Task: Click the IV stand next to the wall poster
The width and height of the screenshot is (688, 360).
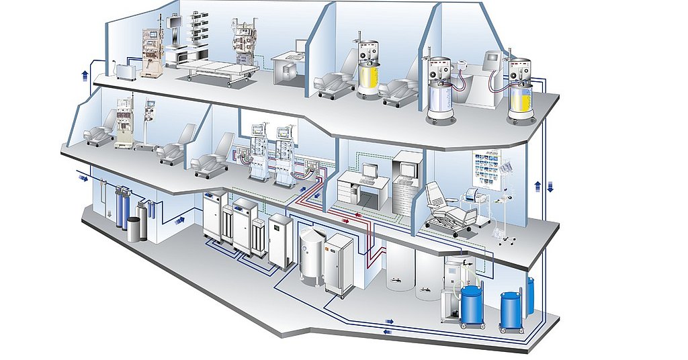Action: [505, 201]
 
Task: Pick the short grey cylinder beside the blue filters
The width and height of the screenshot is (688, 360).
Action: [135, 228]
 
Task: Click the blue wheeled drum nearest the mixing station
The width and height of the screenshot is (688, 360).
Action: [473, 306]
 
